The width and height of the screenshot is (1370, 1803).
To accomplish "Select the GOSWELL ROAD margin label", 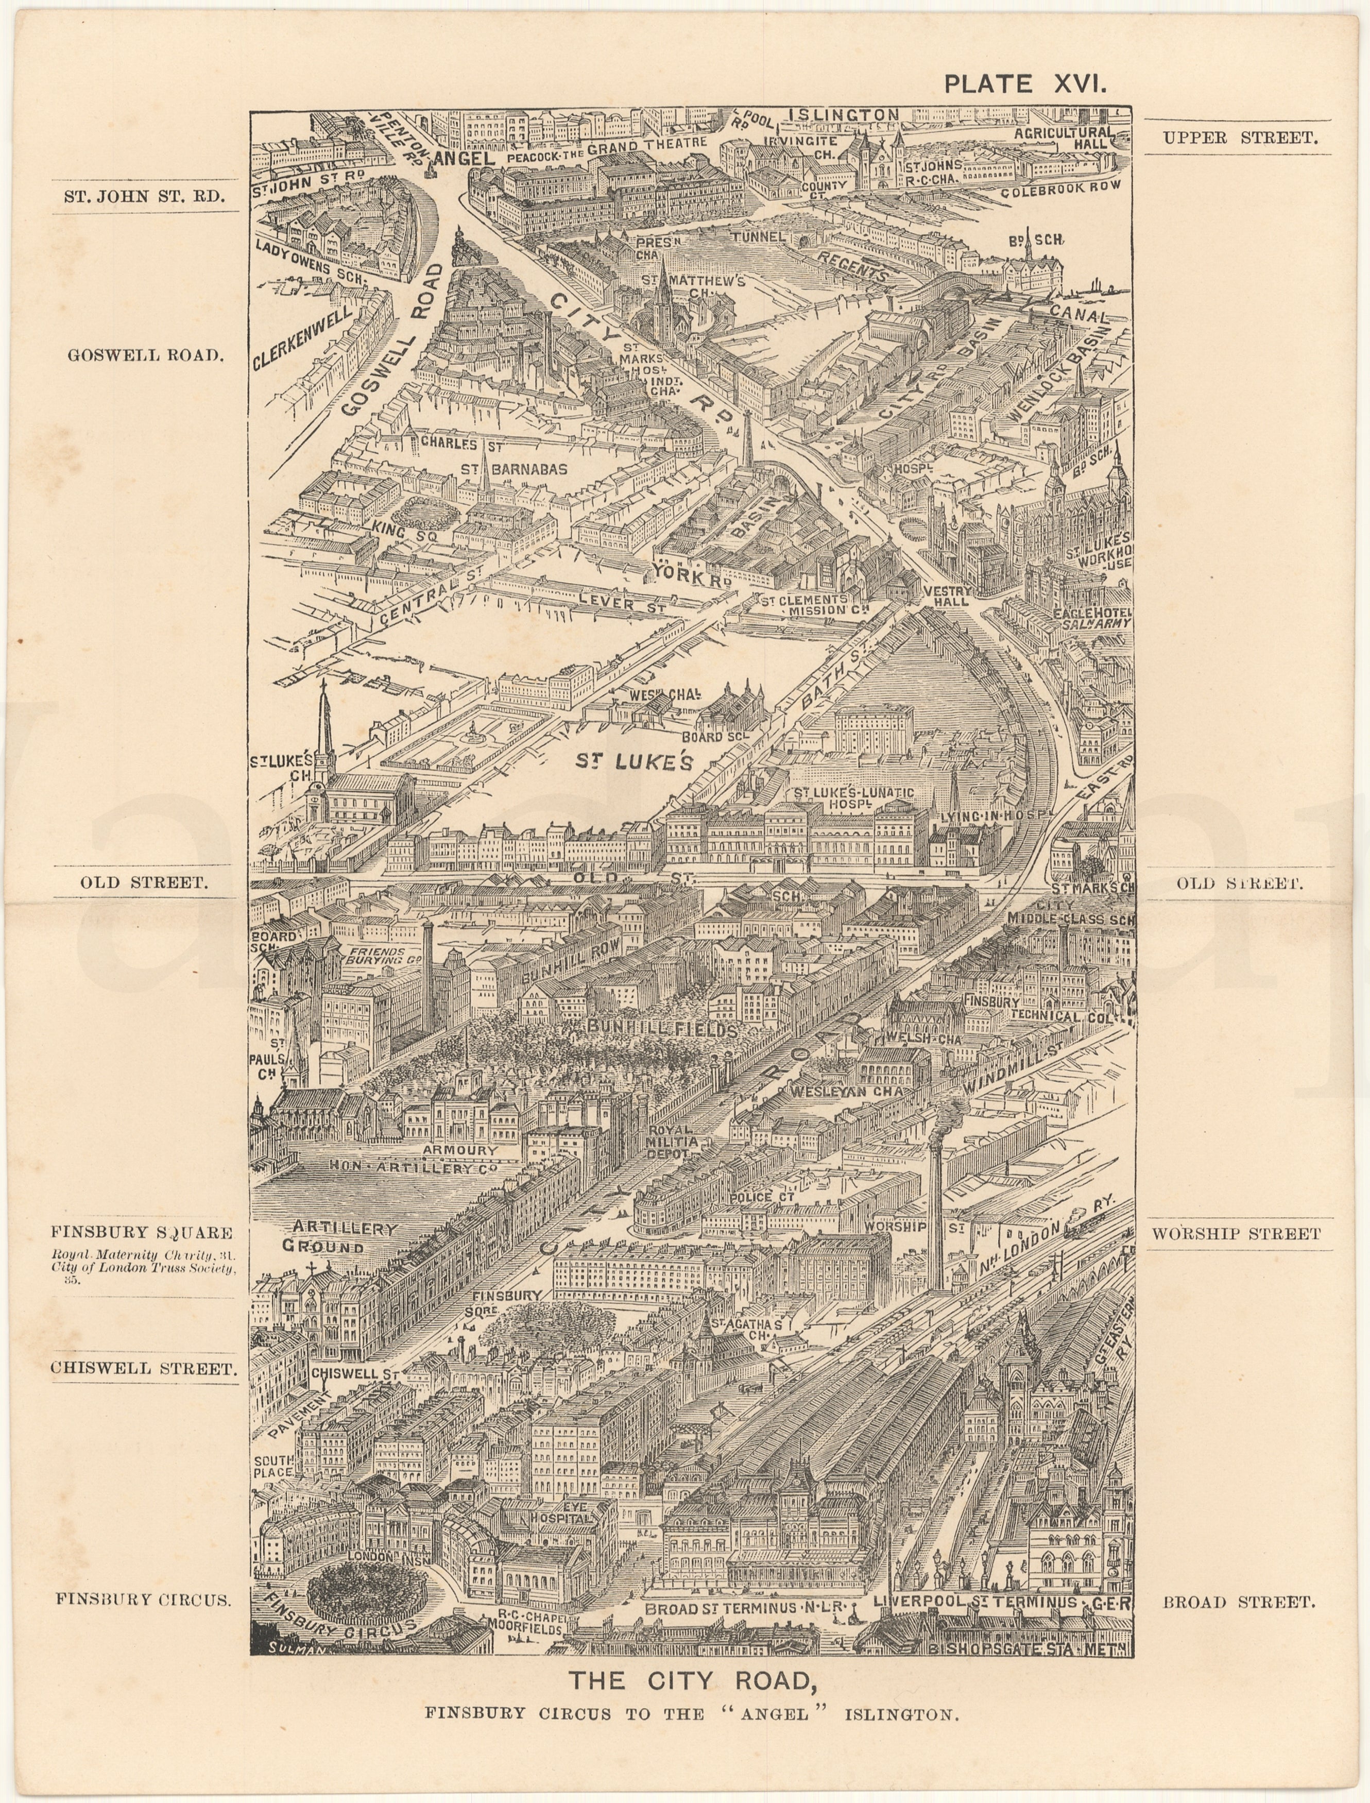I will pos(145,355).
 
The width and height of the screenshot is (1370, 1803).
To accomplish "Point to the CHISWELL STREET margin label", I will pos(144,1368).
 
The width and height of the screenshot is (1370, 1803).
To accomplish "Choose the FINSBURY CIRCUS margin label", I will pos(143,1599).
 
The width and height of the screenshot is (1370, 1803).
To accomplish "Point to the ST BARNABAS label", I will pos(514,470).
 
